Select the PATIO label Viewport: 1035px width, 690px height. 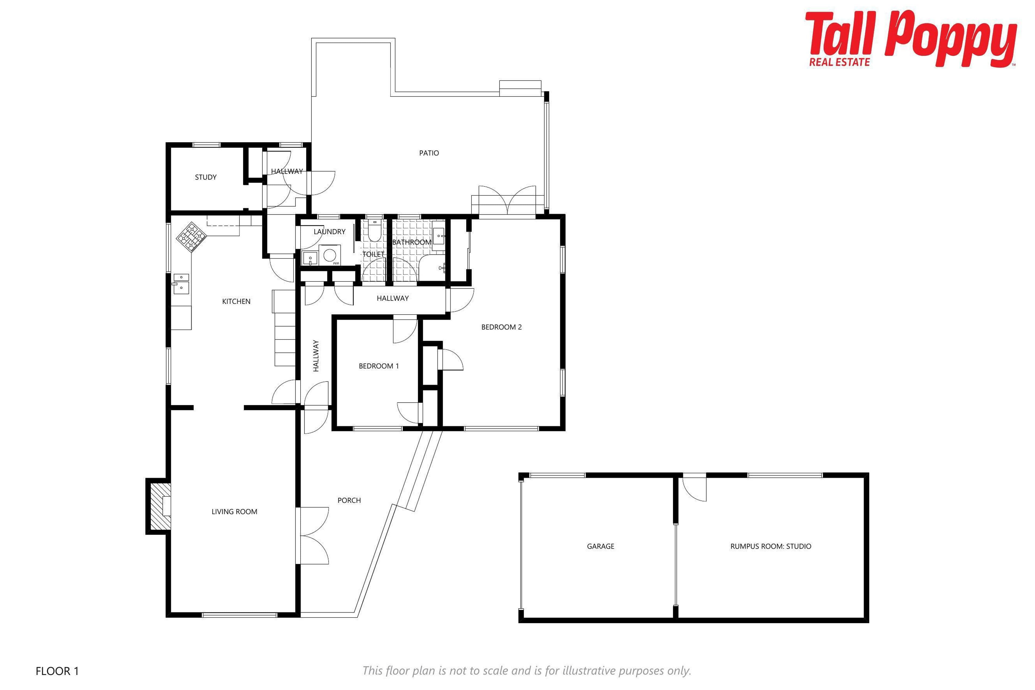[x=429, y=153]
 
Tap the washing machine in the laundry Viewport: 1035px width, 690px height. [x=330, y=255]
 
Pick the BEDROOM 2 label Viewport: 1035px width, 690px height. [x=501, y=327]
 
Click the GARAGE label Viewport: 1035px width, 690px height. [x=601, y=546]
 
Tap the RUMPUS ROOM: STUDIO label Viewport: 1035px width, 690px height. [x=771, y=546]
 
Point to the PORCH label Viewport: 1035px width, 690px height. [x=349, y=500]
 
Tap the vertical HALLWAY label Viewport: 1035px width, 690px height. [x=316, y=356]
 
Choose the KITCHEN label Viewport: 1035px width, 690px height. [x=236, y=301]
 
